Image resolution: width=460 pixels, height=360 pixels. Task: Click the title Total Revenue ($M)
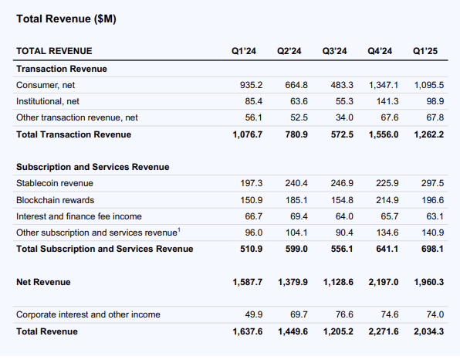tap(66, 19)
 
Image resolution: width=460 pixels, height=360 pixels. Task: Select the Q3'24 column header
tap(334, 51)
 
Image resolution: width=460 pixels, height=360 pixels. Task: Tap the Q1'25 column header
tap(425, 51)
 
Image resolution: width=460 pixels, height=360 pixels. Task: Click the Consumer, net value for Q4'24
tap(384, 85)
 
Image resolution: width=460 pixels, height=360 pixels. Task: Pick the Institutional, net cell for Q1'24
tap(254, 101)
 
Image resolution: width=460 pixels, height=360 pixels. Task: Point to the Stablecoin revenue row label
tap(55, 183)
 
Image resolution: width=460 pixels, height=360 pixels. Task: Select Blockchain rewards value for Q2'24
tap(296, 200)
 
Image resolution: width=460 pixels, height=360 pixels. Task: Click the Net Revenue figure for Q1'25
tap(429, 282)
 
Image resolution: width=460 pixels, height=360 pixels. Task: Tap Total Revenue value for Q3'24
tap(338, 331)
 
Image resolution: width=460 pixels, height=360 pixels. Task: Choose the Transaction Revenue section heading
tap(62, 69)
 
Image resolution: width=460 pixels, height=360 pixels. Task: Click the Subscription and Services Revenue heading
tap(93, 167)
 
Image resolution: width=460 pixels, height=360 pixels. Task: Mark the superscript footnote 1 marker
tap(179, 229)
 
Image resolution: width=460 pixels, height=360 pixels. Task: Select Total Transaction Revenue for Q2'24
tap(296, 134)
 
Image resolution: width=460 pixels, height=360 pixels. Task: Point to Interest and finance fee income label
tap(79, 216)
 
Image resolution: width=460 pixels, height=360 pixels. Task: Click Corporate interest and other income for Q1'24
tap(254, 314)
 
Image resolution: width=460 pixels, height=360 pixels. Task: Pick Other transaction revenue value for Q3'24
tap(344, 117)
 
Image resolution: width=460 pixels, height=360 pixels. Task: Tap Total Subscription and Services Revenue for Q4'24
tap(387, 249)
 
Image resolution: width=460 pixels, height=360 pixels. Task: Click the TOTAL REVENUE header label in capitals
tap(54, 51)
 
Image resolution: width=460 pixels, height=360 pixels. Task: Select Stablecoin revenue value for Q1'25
tap(433, 183)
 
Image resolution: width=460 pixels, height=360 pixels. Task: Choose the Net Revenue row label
tap(43, 282)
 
